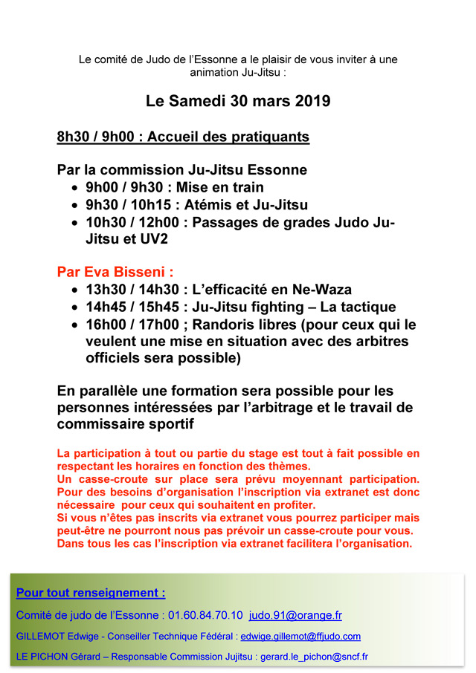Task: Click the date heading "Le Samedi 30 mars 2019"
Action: (238, 101)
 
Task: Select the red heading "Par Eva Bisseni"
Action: (115, 271)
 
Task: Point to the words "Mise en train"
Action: (220, 187)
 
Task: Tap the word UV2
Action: (148, 240)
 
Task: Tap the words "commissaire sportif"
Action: (126, 423)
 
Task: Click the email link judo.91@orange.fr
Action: (296, 615)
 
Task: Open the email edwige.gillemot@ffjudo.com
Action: (300, 637)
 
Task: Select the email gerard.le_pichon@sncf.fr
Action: (315, 657)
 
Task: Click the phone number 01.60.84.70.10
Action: (205, 615)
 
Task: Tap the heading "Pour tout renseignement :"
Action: (91, 593)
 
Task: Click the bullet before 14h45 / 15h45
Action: (75, 308)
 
